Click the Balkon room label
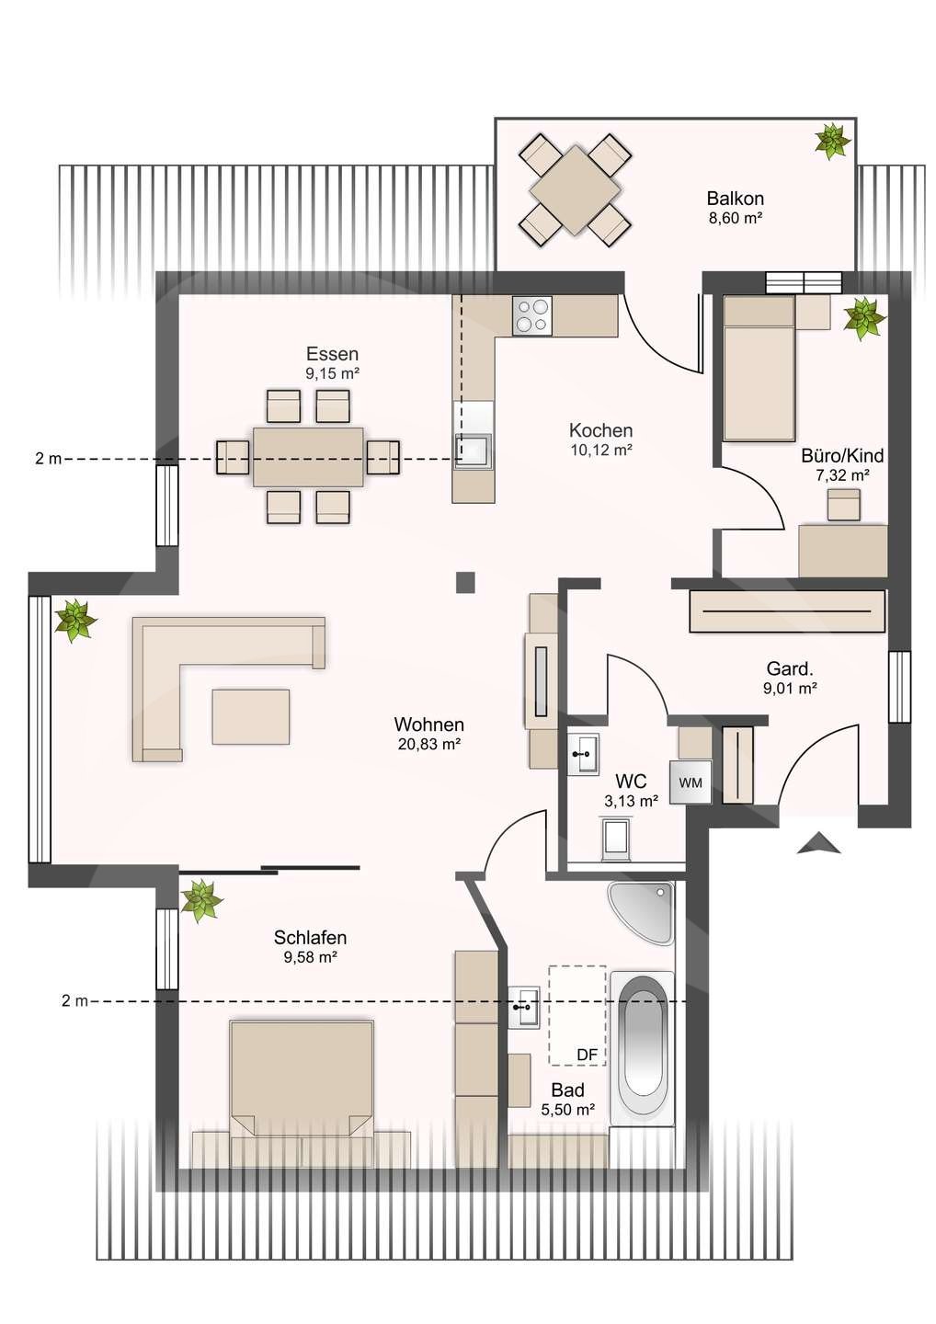point(735,198)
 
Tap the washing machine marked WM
point(691,782)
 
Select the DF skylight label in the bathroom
point(587,1055)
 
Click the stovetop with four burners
point(532,315)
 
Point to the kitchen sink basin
point(472,451)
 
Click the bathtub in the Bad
point(642,1040)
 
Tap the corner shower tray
point(641,913)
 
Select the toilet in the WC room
point(616,838)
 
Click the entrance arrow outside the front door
point(818,842)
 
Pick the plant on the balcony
point(833,141)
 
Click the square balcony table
point(575,190)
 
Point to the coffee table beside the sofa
point(251,716)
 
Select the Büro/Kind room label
point(842,455)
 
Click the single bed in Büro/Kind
point(759,368)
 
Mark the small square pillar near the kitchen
point(465,582)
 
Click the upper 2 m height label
point(49,459)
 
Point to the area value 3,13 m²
point(631,801)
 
